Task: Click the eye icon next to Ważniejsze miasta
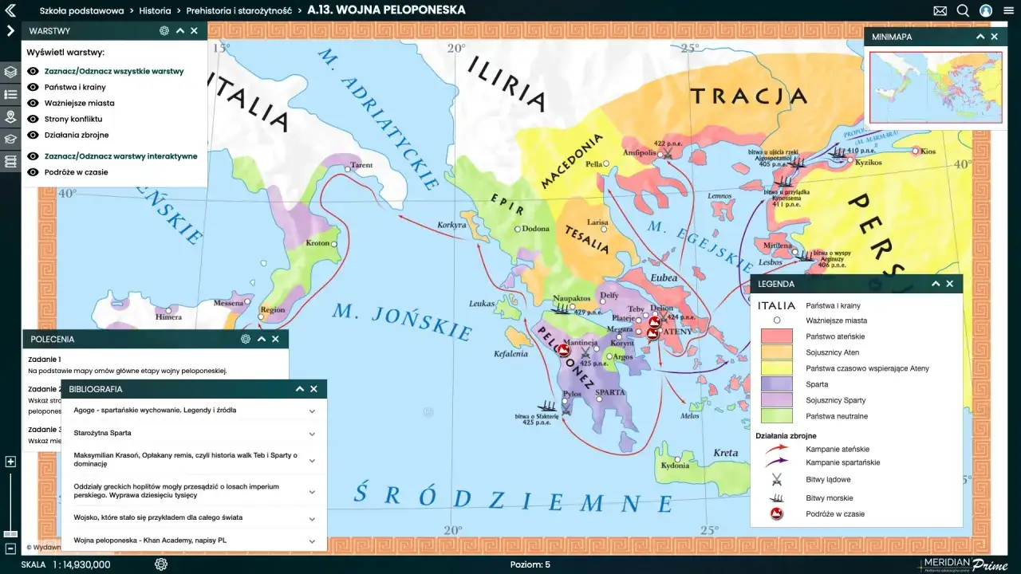coord(33,103)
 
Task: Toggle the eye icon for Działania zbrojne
coord(33,135)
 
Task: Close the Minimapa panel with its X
coord(994,37)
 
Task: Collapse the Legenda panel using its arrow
coord(936,284)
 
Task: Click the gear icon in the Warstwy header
coord(164,31)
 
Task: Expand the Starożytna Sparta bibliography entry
coord(312,433)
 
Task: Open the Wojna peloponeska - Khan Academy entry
coord(312,541)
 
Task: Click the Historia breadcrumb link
coord(155,10)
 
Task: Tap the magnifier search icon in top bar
coord(963,10)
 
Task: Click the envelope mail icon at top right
coord(940,10)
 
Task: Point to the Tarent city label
coord(361,166)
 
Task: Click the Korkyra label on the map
coord(451,225)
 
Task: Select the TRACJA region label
coord(749,97)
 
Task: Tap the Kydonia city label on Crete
coord(675,466)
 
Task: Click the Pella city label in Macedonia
coord(594,164)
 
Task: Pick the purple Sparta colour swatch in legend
coord(776,384)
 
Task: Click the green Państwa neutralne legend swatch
coord(776,416)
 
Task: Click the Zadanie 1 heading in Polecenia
coord(45,360)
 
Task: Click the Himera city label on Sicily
coord(168,316)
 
